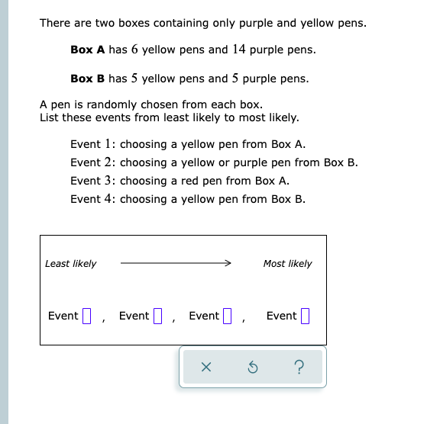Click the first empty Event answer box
(86, 316)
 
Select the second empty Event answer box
(158, 316)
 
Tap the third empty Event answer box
(227, 316)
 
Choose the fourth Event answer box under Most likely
(305, 316)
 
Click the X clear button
(205, 368)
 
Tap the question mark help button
(298, 368)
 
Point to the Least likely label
(71, 264)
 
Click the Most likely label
(287, 264)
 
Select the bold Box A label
(87, 50)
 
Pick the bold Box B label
(87, 79)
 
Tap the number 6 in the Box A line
(134, 50)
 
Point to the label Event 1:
(93, 144)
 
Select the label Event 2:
(93, 162)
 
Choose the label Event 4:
(93, 199)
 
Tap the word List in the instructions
(49, 117)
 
